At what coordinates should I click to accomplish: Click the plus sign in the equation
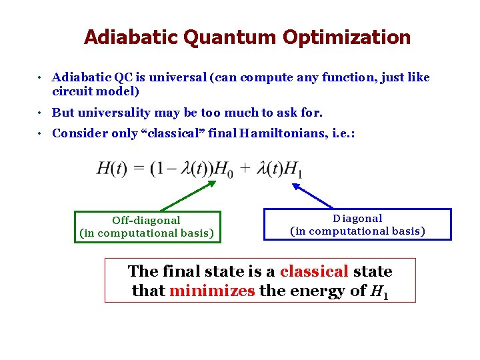tap(244, 169)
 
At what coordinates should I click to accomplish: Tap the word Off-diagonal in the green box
tap(146, 220)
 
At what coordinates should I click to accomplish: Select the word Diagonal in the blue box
tap(357, 218)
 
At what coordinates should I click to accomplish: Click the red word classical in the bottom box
tap(314, 271)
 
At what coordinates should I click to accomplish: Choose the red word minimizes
tap(212, 291)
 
